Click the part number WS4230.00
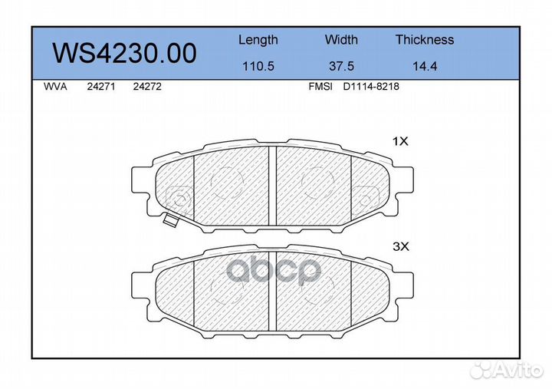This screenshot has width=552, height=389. [125, 53]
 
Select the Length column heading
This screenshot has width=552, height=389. [258, 40]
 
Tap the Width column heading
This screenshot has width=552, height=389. [341, 39]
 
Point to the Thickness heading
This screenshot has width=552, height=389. [425, 39]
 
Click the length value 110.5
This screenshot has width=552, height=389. [258, 66]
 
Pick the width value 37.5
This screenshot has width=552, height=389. [341, 66]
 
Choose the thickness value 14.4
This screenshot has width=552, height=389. [425, 66]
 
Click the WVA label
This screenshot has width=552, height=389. [55, 87]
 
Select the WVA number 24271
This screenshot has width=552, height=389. [101, 87]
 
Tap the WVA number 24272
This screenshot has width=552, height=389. [147, 87]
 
